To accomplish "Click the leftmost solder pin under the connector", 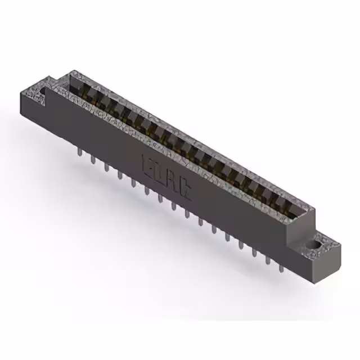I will coord(79,152).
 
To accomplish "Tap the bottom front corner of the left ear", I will coord(22,112).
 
